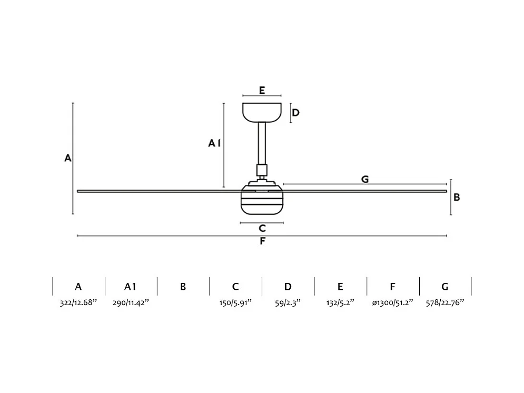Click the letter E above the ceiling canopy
(x=262, y=90)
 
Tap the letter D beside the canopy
(x=296, y=113)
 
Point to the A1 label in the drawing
(x=214, y=143)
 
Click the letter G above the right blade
(x=365, y=180)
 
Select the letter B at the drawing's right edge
(x=457, y=197)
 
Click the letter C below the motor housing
(x=262, y=228)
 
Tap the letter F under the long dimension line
(x=263, y=241)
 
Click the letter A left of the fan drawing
(x=68, y=158)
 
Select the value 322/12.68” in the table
(x=78, y=303)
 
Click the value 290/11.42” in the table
(x=131, y=303)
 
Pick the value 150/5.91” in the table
(x=235, y=303)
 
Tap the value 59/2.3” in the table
(x=288, y=303)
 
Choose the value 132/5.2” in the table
(x=340, y=303)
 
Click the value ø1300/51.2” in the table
(x=393, y=303)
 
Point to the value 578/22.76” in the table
(x=445, y=303)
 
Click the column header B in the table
(x=183, y=287)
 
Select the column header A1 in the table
(x=130, y=287)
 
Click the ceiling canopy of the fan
(x=262, y=112)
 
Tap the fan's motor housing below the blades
(x=262, y=202)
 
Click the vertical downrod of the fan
(x=262, y=144)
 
